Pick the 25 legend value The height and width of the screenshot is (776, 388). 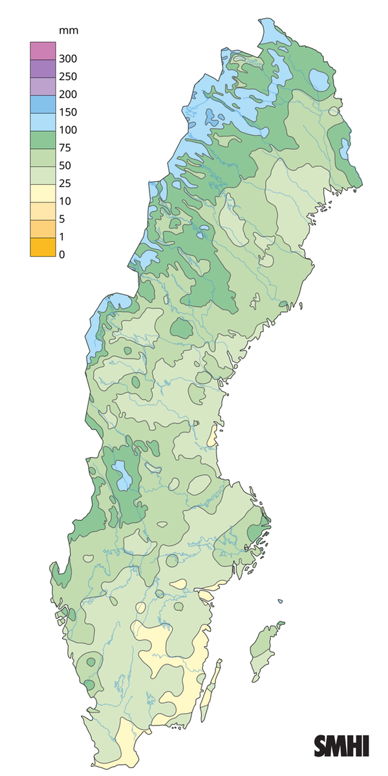(x=64, y=184)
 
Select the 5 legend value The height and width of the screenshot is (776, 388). (x=61, y=219)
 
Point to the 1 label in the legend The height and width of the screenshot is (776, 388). (x=61, y=237)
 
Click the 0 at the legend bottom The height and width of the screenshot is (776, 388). (x=61, y=255)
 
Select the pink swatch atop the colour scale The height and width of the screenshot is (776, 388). (x=40, y=50)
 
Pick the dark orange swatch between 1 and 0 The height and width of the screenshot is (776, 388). (x=40, y=246)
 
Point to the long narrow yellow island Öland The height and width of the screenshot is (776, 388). (x=209, y=692)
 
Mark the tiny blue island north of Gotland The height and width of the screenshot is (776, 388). (x=281, y=602)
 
